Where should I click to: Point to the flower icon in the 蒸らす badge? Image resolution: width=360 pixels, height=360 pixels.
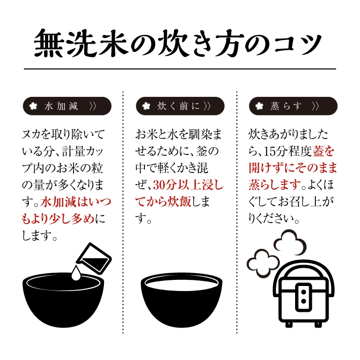[260, 106]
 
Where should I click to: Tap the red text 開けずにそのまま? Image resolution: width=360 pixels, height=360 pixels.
[293, 167]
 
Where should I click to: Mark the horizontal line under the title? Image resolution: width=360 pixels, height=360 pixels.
[180, 68]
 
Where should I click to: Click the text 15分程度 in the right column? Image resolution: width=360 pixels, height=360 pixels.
[283, 150]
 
